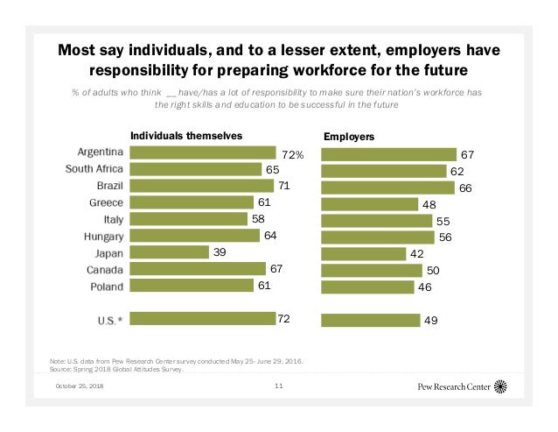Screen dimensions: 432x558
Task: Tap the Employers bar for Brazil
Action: tap(387, 187)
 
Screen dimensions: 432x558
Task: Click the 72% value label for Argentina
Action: tap(292, 155)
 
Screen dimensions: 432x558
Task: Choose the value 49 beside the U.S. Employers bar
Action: tap(431, 321)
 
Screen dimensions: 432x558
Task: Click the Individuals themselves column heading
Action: tap(185, 136)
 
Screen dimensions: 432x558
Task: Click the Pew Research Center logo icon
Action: tap(500, 386)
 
